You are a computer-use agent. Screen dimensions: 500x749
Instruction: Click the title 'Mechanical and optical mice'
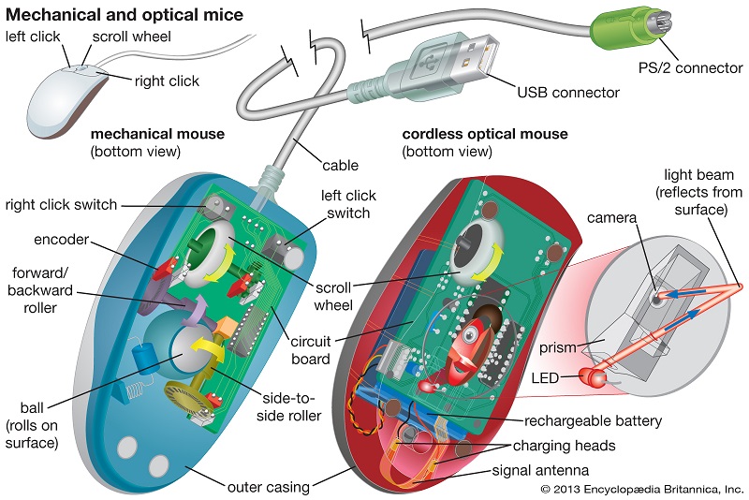pyautogui.click(x=125, y=14)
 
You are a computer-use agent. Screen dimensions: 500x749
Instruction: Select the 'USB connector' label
pyautogui.click(x=568, y=92)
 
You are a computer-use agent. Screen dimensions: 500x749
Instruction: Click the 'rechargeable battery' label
pyautogui.click(x=593, y=420)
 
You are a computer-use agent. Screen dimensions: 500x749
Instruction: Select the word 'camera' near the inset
pyautogui.click(x=613, y=217)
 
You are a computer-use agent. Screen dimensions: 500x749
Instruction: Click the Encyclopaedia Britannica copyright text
pyautogui.click(x=641, y=490)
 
